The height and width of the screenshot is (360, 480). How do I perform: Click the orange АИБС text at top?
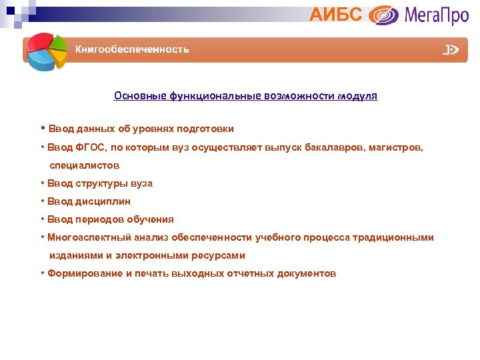tap(336, 14)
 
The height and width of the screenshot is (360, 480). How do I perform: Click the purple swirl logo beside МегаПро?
tap(383, 15)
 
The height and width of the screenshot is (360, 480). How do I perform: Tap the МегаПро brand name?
tap(436, 15)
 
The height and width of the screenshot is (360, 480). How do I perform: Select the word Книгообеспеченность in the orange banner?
tap(131, 49)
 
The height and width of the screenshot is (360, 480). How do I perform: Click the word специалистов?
tap(85, 165)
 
